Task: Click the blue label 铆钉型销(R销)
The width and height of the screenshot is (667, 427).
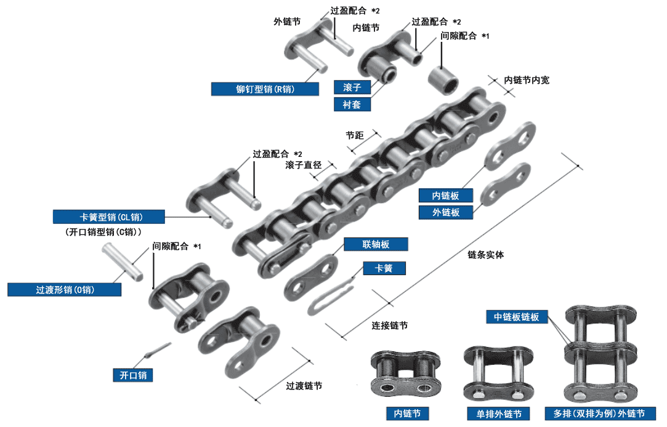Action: [x=265, y=89]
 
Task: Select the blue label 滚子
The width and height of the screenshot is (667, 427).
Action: [x=352, y=87]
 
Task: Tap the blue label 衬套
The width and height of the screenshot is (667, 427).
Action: [x=352, y=105]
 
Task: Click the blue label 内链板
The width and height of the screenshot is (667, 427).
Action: [x=447, y=196]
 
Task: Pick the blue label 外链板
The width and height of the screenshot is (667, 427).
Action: [x=447, y=212]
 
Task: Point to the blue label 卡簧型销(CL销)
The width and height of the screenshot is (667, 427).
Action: [x=108, y=217]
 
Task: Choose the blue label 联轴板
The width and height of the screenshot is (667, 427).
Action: [x=376, y=244]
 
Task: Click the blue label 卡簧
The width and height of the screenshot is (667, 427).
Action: [x=384, y=268]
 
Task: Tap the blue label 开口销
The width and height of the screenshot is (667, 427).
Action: [x=133, y=375]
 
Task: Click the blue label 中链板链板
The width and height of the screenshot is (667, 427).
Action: [x=517, y=317]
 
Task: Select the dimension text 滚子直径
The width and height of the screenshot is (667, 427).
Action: [x=304, y=165]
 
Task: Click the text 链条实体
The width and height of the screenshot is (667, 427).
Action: [x=485, y=255]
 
